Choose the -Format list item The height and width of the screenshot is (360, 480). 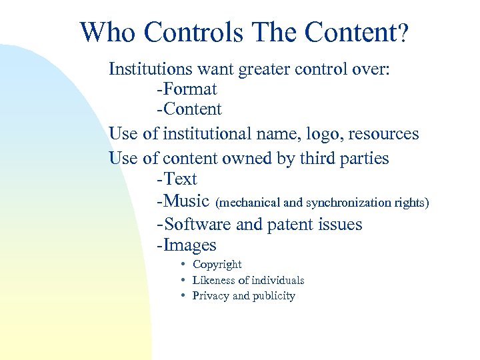(x=187, y=89)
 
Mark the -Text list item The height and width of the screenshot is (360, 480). (x=177, y=179)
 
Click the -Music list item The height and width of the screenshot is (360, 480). (x=183, y=201)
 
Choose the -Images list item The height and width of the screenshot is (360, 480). (x=187, y=245)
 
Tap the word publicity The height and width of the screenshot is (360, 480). (x=273, y=296)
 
